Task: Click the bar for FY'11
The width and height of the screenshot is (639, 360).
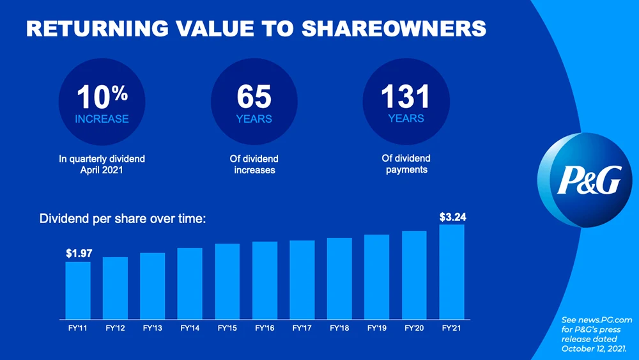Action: [78, 290]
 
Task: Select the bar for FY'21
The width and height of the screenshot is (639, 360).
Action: [452, 272]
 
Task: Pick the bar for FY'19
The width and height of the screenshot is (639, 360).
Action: [377, 277]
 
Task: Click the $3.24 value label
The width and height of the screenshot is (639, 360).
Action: [452, 217]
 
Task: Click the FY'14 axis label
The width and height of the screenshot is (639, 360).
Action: [190, 328]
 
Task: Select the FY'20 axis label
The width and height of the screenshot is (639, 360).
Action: [414, 328]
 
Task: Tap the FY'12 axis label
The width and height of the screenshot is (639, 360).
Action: [115, 328]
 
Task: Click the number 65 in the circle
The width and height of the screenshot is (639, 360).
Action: [254, 98]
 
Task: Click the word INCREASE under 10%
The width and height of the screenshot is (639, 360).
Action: [102, 119]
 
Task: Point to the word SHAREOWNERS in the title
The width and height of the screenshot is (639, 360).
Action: [393, 28]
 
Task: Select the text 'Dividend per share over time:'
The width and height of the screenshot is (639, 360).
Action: [123, 219]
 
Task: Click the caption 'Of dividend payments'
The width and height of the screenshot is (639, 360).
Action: [406, 164]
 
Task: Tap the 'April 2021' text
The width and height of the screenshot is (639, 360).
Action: [102, 170]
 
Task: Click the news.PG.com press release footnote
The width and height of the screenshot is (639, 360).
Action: [596, 334]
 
